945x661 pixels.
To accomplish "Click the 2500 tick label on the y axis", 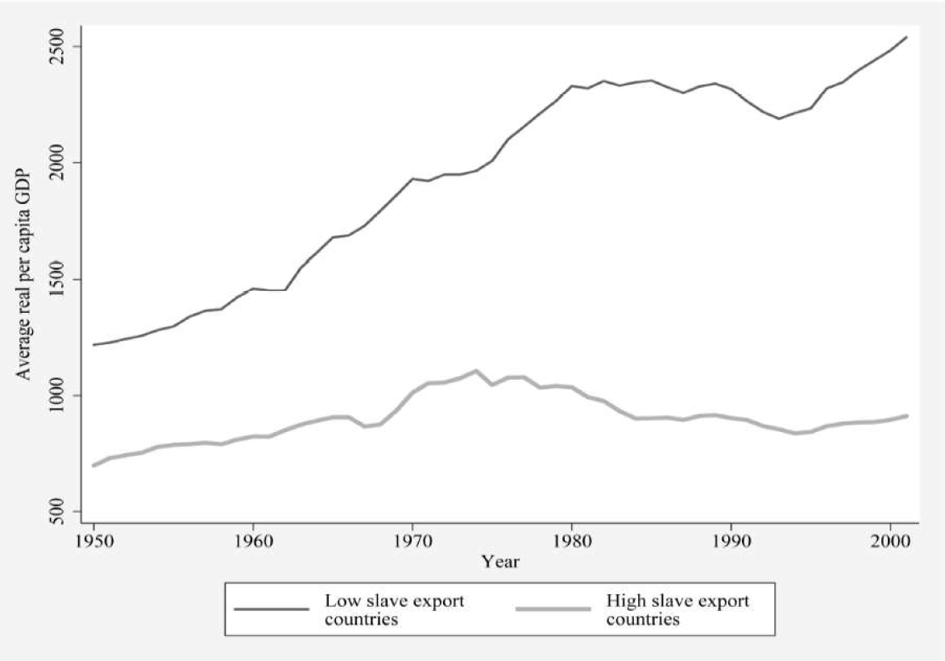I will coord(60,47).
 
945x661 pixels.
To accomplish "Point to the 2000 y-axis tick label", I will coord(60,163).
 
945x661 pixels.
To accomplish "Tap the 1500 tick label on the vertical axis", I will coord(60,280).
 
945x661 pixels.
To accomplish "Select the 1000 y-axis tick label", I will coord(60,396).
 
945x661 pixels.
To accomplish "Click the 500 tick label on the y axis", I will coord(60,512).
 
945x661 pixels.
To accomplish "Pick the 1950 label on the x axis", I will coord(93,542).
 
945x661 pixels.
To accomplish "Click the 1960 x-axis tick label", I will coord(253,542).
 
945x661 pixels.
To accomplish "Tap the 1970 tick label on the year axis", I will coord(412,542).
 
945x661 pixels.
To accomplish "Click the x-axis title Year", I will coord(499,562).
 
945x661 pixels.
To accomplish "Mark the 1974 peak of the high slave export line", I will coord(476,371).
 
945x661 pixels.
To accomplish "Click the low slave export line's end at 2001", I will coord(906,37).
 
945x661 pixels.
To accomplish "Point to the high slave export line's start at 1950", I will coord(94,465).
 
